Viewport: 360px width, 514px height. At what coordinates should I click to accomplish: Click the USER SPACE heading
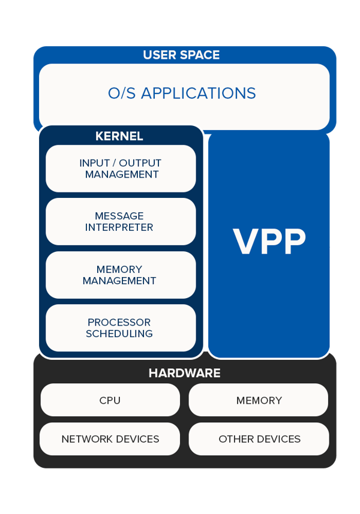tap(181, 55)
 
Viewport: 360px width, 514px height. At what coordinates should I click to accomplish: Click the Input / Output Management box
tap(121, 169)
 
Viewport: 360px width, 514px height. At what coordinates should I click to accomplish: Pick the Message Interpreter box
tap(121, 221)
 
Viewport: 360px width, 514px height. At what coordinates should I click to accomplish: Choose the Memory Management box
tap(121, 275)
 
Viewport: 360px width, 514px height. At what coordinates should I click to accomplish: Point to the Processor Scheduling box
tap(121, 327)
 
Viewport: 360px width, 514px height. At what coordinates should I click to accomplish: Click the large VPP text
tap(269, 242)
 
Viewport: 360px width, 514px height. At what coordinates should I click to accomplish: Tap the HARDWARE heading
tap(184, 373)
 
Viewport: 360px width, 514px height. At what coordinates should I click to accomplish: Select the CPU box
tap(110, 400)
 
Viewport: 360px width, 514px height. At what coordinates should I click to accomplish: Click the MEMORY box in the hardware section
tap(259, 400)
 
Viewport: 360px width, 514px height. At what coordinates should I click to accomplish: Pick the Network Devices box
tap(110, 439)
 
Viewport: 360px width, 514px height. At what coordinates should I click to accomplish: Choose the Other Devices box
tap(259, 439)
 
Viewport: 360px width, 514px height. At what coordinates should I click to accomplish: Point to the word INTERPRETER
tap(119, 228)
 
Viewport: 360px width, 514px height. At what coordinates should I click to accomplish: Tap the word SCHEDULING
tap(119, 333)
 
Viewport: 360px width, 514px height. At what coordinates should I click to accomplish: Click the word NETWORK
tap(85, 439)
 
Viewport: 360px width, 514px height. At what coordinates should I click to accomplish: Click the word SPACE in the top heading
tap(200, 55)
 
